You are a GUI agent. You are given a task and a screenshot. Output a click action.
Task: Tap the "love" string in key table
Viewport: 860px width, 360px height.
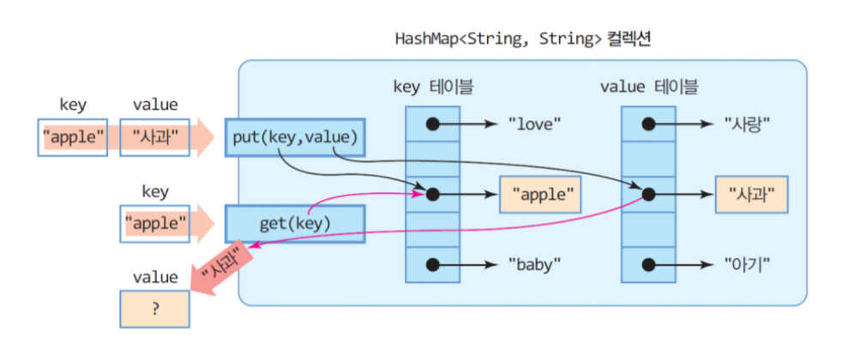click(x=534, y=124)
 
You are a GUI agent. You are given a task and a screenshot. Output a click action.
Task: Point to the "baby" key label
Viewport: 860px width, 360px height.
click(x=534, y=264)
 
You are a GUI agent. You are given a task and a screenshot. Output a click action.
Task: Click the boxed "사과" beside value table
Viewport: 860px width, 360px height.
click(x=751, y=195)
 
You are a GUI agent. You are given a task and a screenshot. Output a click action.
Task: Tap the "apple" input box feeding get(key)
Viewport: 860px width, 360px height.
click(x=155, y=224)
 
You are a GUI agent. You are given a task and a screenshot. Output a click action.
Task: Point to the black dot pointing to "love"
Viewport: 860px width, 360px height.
click(x=433, y=124)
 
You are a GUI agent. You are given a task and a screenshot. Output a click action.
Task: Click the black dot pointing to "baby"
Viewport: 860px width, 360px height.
click(x=433, y=264)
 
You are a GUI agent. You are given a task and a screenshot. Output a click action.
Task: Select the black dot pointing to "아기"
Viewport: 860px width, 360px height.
click(x=649, y=264)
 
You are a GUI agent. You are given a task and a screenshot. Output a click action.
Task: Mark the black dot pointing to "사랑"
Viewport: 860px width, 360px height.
click(x=649, y=124)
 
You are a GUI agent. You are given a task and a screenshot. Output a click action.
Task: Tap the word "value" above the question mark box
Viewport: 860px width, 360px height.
click(x=155, y=277)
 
